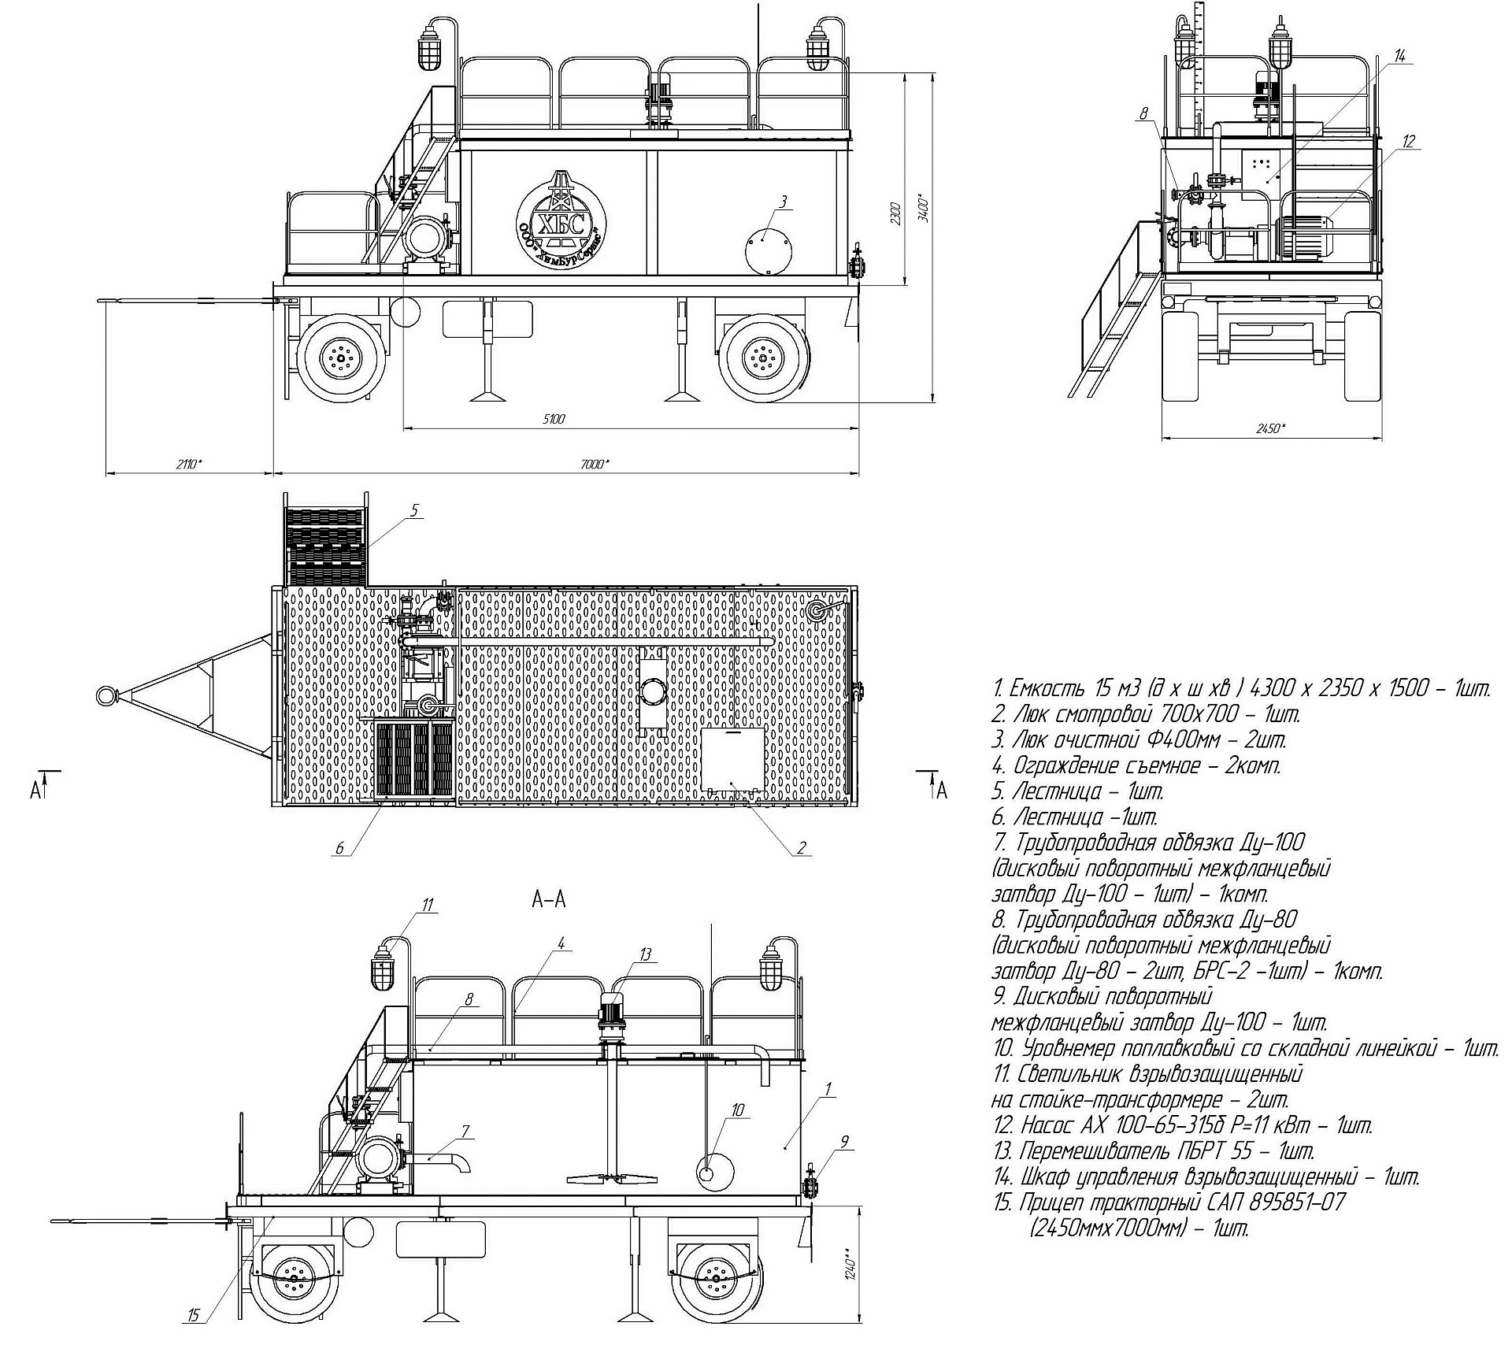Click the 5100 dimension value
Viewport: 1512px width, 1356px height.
[x=554, y=420]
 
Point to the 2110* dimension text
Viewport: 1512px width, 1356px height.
[x=189, y=464]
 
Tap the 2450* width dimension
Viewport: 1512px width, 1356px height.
[x=1270, y=429]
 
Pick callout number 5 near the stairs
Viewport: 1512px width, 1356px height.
[x=414, y=511]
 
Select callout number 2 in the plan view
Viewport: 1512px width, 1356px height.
[x=802, y=847]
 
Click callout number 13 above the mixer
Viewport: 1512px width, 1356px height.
[x=646, y=954]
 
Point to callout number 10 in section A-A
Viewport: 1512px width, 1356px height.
[x=737, y=1110]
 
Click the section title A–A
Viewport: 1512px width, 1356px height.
[x=549, y=899]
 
